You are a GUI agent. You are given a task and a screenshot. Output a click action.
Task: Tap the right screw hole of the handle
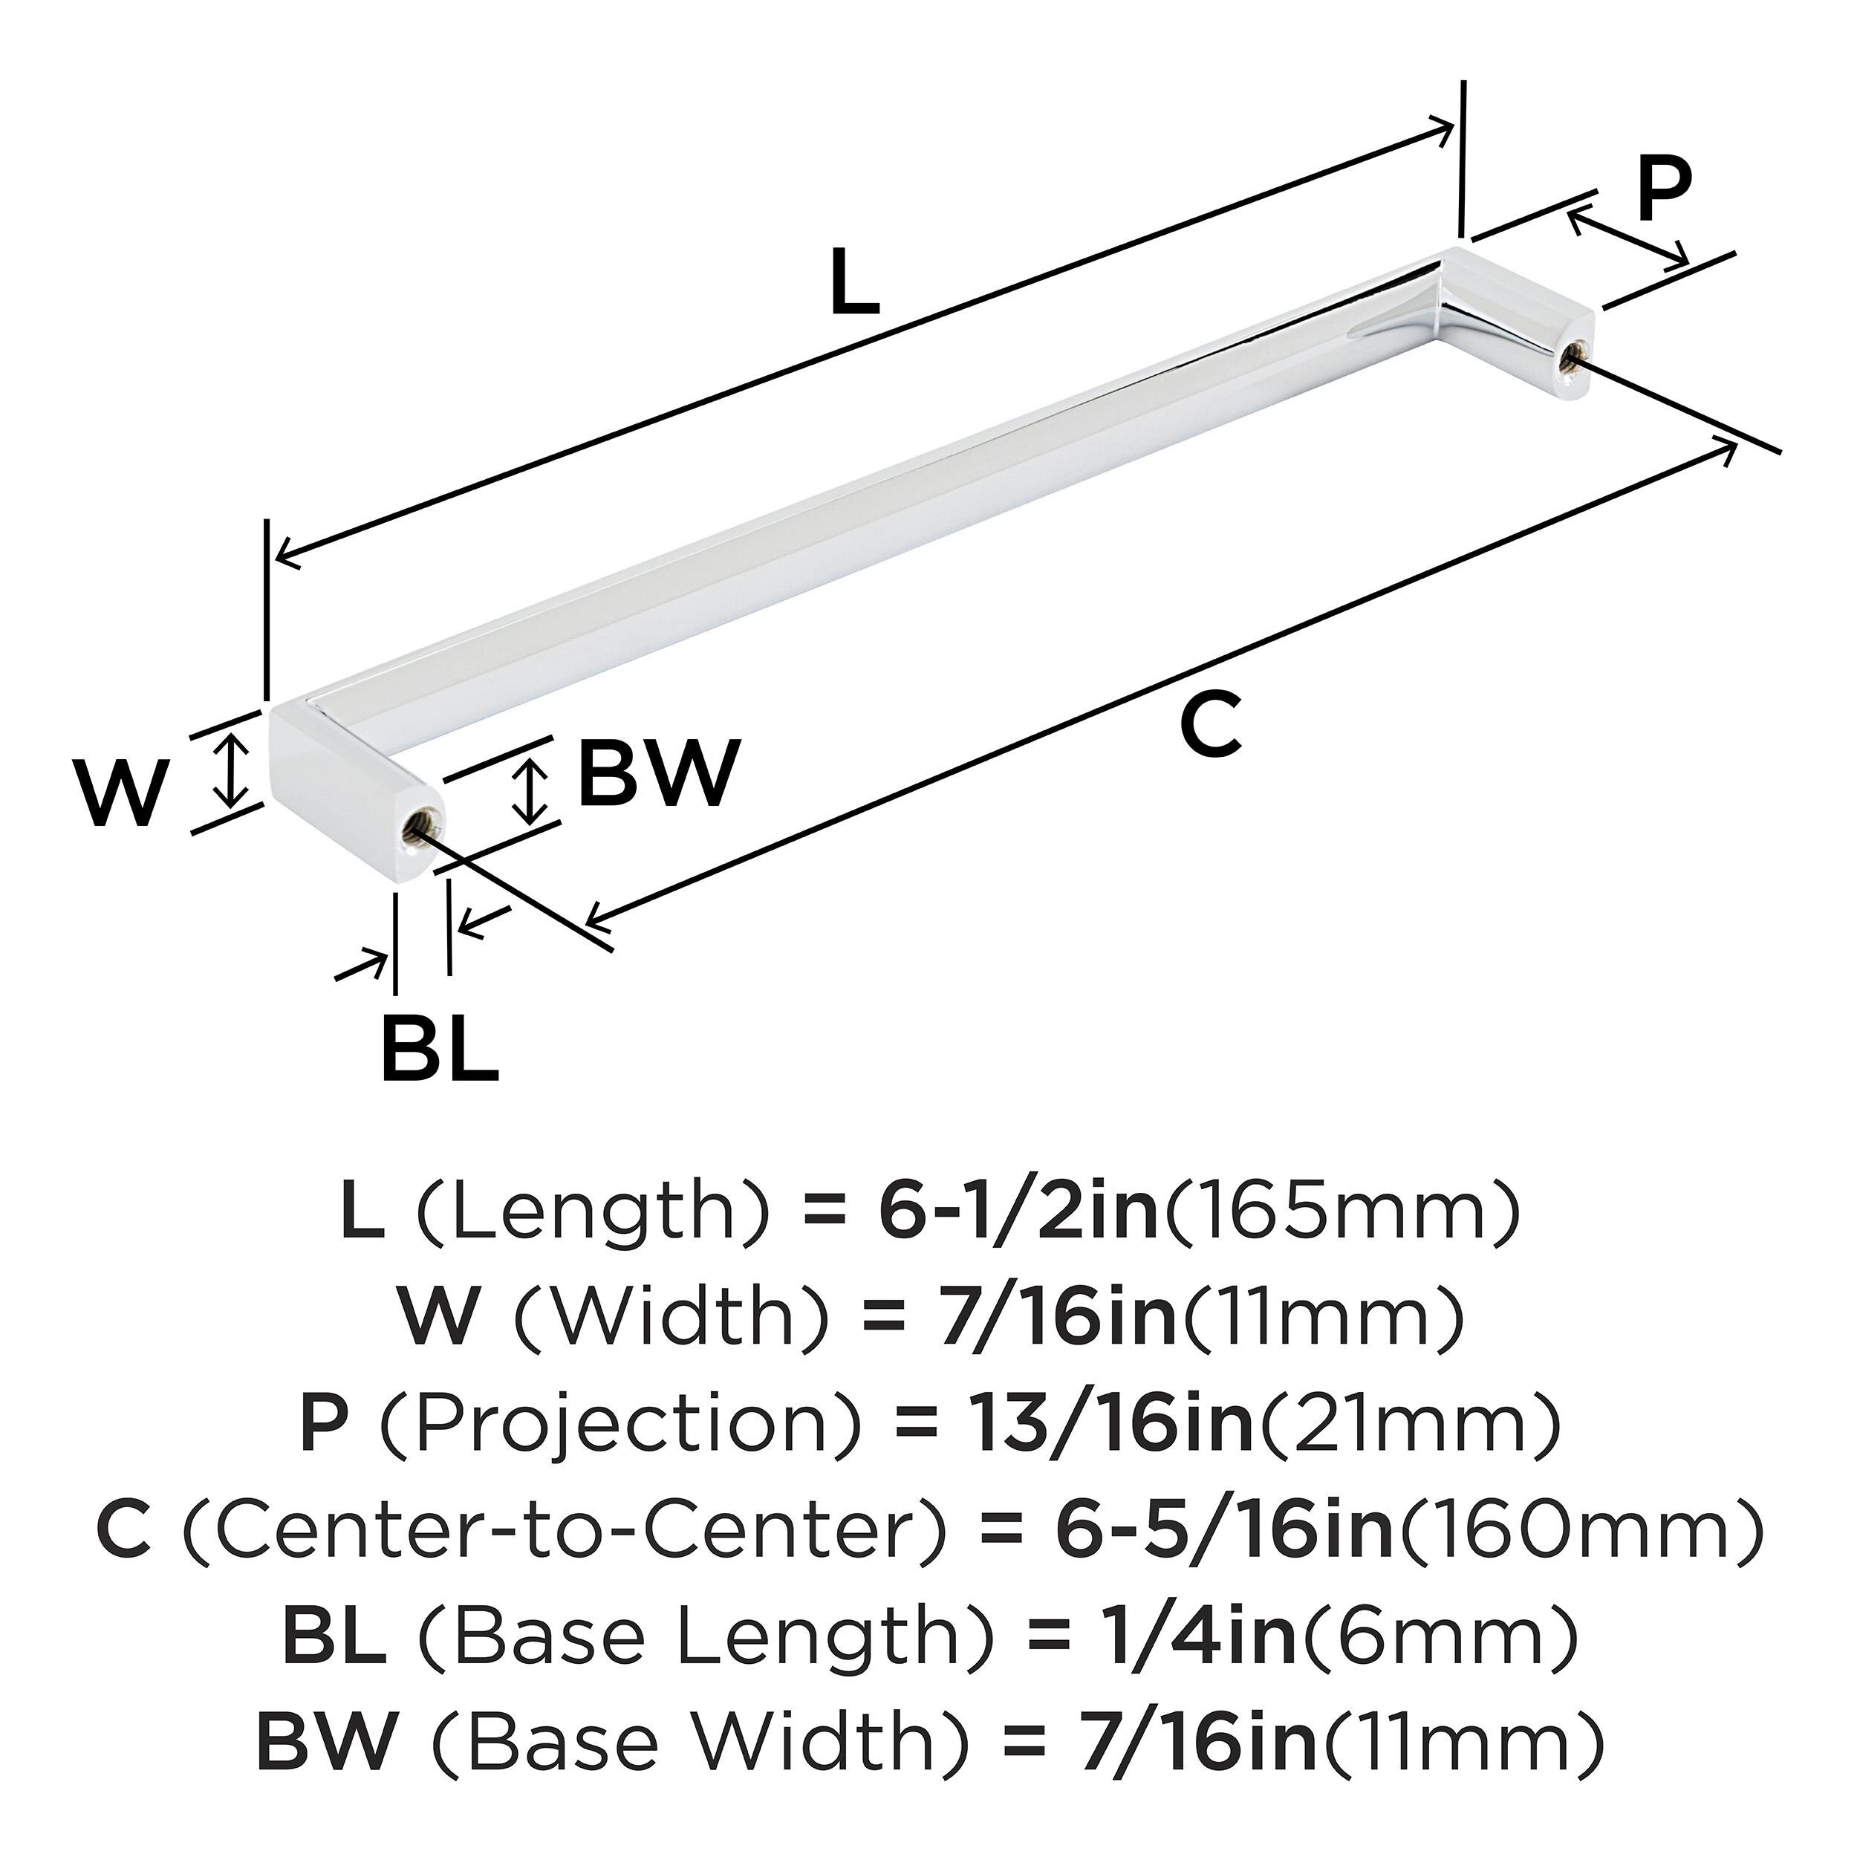click(1570, 359)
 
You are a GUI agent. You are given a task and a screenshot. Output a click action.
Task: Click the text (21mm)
click(1409, 1425)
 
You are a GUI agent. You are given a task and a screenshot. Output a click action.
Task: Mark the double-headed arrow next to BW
click(529, 788)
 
